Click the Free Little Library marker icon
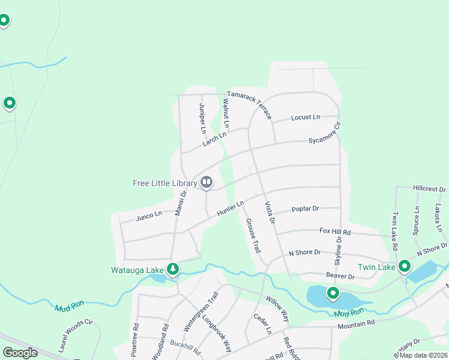coord(206,181)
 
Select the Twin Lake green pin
coord(405,266)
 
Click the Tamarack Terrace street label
coord(249,105)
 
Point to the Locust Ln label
coord(306,118)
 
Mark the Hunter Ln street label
coord(231,208)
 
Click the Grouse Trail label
coord(253,235)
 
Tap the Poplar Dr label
coord(305,209)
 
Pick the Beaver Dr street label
coord(340,275)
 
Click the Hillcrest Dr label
coord(429,188)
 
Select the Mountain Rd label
coord(355,323)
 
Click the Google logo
coord(20,352)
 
